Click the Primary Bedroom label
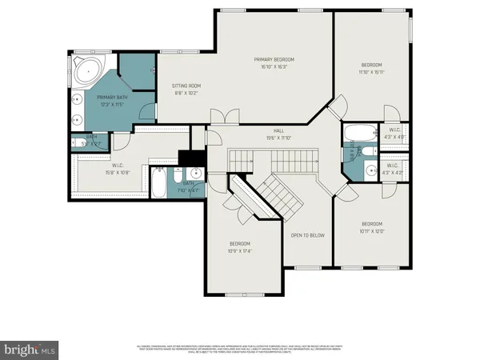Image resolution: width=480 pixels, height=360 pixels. (274, 60)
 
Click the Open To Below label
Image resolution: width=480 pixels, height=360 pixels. (306, 235)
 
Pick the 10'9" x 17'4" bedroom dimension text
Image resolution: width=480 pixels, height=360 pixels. (240, 251)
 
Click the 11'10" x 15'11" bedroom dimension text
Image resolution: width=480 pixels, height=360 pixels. (371, 72)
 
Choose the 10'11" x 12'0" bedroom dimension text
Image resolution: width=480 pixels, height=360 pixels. (371, 231)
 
